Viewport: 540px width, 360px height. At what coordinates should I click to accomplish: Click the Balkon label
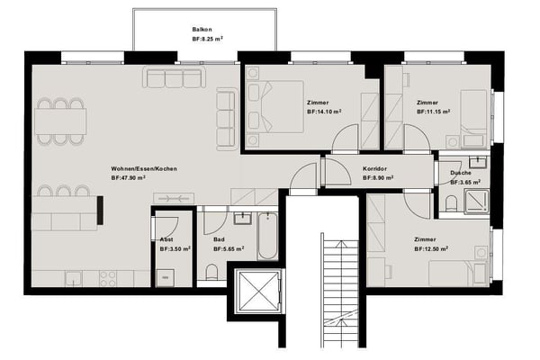202,30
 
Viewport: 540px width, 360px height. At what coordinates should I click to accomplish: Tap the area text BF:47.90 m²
128,178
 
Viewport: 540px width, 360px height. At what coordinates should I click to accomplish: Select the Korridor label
374,169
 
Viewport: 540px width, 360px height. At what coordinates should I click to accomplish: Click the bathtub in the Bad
267,237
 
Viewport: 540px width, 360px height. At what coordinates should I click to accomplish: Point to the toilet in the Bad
211,272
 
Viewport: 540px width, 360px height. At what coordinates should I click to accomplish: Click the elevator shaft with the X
258,291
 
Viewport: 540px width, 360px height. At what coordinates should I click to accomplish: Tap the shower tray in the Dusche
476,202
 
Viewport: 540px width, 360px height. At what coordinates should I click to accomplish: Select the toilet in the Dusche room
451,203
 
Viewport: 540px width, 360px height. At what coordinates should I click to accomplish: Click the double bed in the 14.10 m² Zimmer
275,107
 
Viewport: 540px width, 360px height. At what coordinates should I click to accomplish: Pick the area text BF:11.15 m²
434,112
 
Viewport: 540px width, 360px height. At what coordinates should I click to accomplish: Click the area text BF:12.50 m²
431,248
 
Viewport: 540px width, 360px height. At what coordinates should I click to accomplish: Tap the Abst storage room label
166,239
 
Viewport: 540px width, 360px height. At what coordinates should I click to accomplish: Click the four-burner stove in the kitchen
108,278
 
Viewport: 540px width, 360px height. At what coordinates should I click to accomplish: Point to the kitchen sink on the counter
74,278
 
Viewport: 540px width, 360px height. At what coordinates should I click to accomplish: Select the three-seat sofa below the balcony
175,77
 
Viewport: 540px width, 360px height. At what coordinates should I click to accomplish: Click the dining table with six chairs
60,121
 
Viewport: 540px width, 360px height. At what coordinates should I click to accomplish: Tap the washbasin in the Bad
243,218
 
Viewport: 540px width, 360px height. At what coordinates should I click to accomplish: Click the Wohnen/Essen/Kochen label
144,169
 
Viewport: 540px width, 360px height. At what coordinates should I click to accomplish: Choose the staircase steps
339,290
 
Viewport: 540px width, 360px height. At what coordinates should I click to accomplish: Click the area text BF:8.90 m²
378,178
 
